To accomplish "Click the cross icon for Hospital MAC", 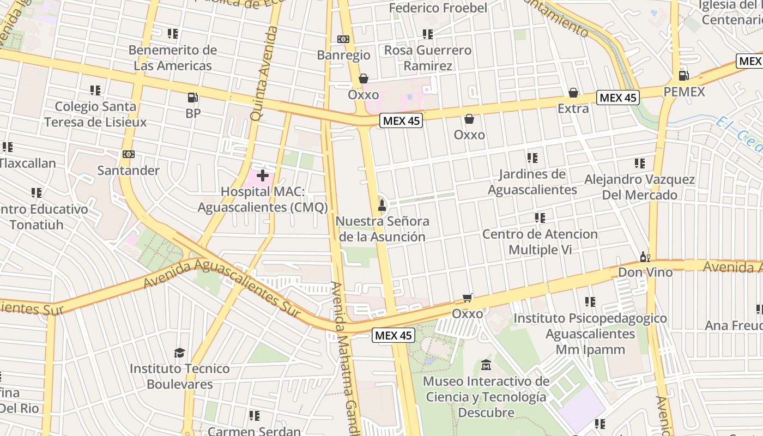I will click(263, 175).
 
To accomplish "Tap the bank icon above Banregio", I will click(343, 39).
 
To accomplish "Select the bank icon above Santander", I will click(129, 154).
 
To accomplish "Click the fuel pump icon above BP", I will click(192, 98).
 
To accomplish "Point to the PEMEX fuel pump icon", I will click(683, 75).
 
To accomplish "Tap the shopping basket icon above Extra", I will click(573, 93).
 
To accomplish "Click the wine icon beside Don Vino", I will click(645, 257).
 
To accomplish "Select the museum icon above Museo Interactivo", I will click(486, 365).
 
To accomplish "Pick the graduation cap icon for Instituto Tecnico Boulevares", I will click(179, 353).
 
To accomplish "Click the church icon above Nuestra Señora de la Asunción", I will click(382, 205).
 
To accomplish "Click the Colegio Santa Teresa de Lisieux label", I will click(95, 114).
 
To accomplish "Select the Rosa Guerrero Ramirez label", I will click(428, 58).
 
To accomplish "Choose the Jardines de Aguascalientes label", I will click(532, 181).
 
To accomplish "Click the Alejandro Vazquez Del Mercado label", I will click(639, 187).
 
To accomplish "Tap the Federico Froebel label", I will click(438, 8).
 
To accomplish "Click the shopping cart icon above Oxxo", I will click(467, 298).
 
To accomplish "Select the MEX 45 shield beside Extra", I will click(617, 98).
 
